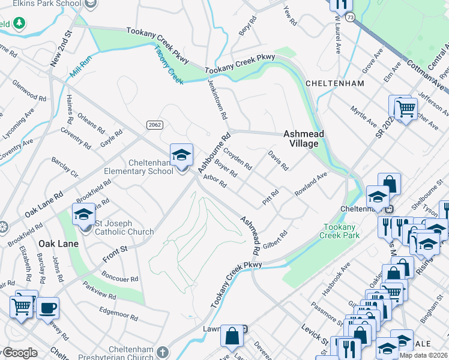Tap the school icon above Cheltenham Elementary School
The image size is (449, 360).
coord(181,155)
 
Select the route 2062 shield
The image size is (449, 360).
coord(154,124)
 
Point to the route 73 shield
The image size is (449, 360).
coord(349,20)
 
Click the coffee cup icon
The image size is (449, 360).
coord(47,308)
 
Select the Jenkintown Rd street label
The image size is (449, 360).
coord(218,98)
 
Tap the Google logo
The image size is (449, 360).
coord(20,353)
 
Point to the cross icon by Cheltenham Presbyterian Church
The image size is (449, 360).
coord(164,350)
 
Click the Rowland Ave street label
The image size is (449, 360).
coord(310,184)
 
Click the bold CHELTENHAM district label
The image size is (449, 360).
coord(334,83)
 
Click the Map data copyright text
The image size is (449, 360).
coord(423,355)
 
